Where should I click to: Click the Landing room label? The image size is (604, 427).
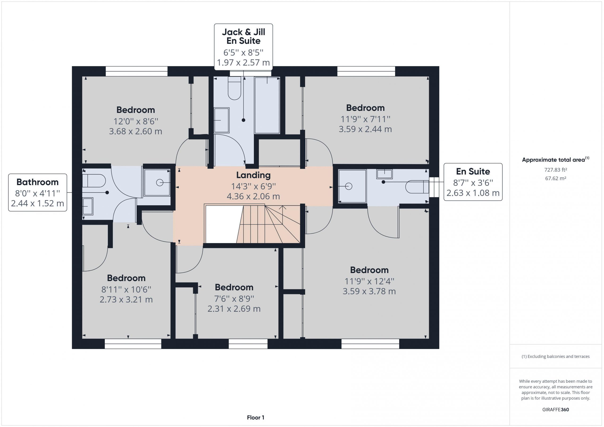point(253,175)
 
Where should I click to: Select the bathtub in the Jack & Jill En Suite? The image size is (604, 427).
point(267,105)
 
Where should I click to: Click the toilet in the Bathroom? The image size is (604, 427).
point(94,181)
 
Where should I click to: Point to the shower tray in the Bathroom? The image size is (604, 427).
point(157,182)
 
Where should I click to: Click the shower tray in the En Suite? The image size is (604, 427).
point(352,186)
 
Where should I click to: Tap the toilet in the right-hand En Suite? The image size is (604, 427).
point(417,187)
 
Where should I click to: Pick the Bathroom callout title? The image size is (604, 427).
point(38,182)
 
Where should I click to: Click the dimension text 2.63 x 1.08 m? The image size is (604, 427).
point(473,193)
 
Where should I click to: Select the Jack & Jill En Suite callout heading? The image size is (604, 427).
point(243,36)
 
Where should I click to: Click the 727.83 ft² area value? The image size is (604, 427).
point(555,170)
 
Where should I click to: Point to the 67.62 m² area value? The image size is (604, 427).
point(555,178)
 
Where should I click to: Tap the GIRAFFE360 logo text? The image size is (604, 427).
point(555,409)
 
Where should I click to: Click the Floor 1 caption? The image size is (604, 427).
point(256,417)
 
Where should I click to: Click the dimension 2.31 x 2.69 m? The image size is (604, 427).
point(234,309)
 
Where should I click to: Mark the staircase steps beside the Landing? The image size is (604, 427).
point(268,224)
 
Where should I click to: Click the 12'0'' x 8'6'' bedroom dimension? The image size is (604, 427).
point(136,121)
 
